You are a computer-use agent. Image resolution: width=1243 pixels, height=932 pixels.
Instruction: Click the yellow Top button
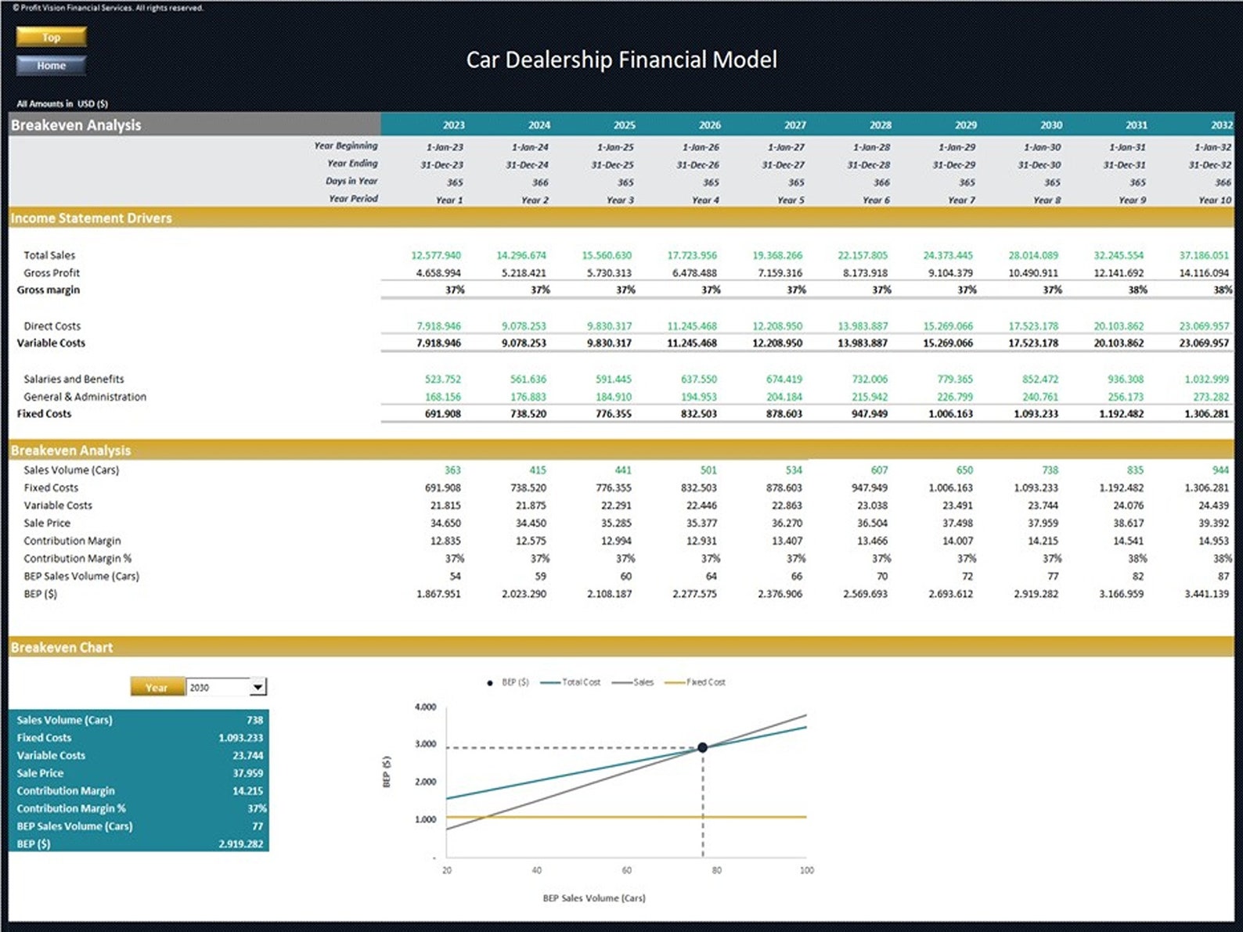[x=51, y=37]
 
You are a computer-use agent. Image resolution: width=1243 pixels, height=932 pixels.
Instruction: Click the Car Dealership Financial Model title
[x=621, y=59]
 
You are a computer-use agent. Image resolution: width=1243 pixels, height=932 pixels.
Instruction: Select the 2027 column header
[x=794, y=124]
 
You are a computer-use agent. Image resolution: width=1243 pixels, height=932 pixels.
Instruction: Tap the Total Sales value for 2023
[x=436, y=255]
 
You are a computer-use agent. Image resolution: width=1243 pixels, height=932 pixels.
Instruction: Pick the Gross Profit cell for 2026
[x=694, y=273]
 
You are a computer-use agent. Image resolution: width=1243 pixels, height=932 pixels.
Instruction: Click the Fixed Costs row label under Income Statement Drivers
[x=44, y=413]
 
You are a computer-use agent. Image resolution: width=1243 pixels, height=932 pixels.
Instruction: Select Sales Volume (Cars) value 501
[x=708, y=470]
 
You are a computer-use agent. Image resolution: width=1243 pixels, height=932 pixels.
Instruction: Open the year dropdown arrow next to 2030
[x=258, y=687]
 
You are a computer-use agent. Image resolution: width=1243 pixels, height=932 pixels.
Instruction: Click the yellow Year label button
[x=157, y=687]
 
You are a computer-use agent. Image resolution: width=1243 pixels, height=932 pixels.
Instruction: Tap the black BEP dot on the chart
[x=702, y=747]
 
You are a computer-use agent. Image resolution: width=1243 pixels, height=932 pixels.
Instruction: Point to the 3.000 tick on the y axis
[x=425, y=744]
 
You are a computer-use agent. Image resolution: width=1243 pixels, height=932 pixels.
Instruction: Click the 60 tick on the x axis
[x=626, y=870]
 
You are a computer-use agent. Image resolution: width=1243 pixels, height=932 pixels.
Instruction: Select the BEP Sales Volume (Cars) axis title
[x=594, y=898]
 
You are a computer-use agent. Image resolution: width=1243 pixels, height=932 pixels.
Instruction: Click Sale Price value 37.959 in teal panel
[x=247, y=773]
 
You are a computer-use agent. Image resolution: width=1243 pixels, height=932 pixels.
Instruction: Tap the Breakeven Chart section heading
[x=62, y=647]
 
